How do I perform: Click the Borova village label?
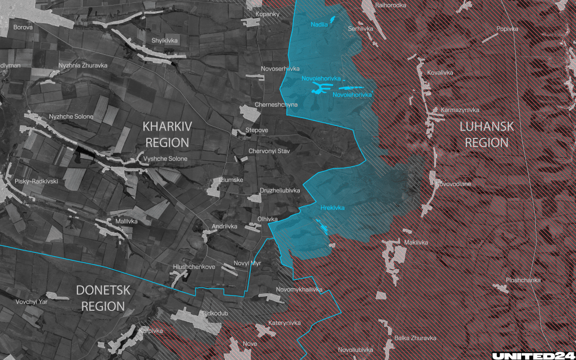click(23, 27)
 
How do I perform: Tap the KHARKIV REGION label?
click(165, 133)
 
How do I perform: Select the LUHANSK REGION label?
click(487, 135)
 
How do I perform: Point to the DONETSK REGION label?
click(103, 298)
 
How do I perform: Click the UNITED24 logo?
click(533, 355)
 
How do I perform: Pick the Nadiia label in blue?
click(319, 24)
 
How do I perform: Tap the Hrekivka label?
click(332, 208)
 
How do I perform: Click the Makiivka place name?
click(416, 242)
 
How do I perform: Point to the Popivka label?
click(507, 29)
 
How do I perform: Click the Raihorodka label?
click(391, 5)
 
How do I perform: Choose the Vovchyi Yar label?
click(32, 302)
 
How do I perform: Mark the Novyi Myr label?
click(247, 264)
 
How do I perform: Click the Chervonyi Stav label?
click(269, 151)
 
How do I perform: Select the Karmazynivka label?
click(460, 110)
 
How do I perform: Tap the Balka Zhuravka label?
click(416, 338)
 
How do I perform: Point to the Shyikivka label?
click(164, 40)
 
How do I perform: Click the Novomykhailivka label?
click(299, 289)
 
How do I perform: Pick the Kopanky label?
click(267, 14)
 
